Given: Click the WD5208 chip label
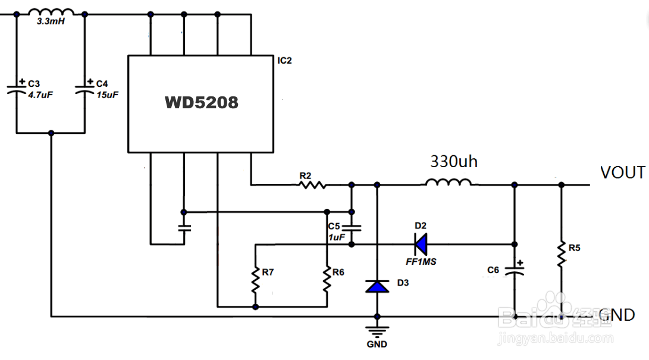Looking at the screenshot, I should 201,103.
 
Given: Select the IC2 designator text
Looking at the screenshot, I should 284,61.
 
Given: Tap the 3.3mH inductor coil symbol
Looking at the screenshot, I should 51,12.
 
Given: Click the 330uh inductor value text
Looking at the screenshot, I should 454,161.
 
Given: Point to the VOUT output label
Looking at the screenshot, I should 622,173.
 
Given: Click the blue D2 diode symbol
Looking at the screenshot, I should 421,243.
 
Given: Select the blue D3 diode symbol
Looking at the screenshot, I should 377,286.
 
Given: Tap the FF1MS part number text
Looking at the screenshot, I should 421,261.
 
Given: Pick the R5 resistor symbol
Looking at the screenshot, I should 560,254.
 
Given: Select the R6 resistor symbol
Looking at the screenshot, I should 327,279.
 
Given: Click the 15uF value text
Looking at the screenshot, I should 108,94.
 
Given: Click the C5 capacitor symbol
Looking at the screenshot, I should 352,228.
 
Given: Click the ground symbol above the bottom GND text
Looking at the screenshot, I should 377,331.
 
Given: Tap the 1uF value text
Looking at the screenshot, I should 336,237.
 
